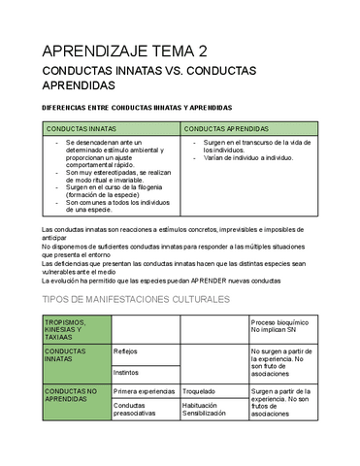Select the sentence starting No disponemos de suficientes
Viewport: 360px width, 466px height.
[175, 246]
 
